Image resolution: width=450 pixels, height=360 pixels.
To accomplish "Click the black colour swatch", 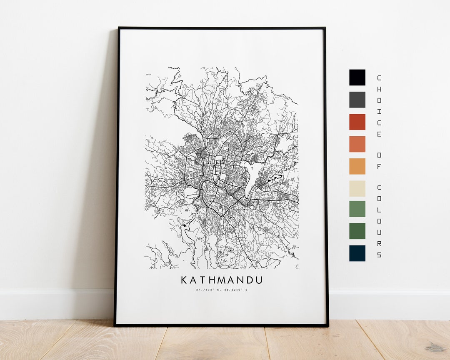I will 357,77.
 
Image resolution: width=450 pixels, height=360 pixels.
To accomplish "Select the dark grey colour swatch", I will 357,100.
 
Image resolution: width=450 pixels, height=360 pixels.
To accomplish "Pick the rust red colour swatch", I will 357,122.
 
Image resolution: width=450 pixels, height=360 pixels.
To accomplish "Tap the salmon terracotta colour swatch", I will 357,144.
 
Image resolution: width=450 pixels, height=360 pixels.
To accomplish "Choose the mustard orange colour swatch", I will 357,166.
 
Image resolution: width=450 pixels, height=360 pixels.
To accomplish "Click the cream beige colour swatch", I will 357,188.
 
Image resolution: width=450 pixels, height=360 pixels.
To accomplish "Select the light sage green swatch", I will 357,209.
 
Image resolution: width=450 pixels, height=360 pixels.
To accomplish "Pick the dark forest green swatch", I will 357,231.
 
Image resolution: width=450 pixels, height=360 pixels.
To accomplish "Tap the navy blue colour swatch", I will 357,253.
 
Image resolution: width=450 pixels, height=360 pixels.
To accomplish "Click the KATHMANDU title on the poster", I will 222,280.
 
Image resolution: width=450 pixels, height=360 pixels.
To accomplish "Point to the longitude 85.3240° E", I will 235,290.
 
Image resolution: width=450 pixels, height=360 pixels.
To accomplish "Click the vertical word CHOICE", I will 379,106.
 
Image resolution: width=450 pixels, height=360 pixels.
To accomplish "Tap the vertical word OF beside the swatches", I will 379,160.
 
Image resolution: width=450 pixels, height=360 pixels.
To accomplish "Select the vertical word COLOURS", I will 379,221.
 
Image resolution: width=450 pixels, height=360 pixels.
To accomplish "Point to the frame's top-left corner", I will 119,28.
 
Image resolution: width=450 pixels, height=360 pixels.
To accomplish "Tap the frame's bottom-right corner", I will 327,325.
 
